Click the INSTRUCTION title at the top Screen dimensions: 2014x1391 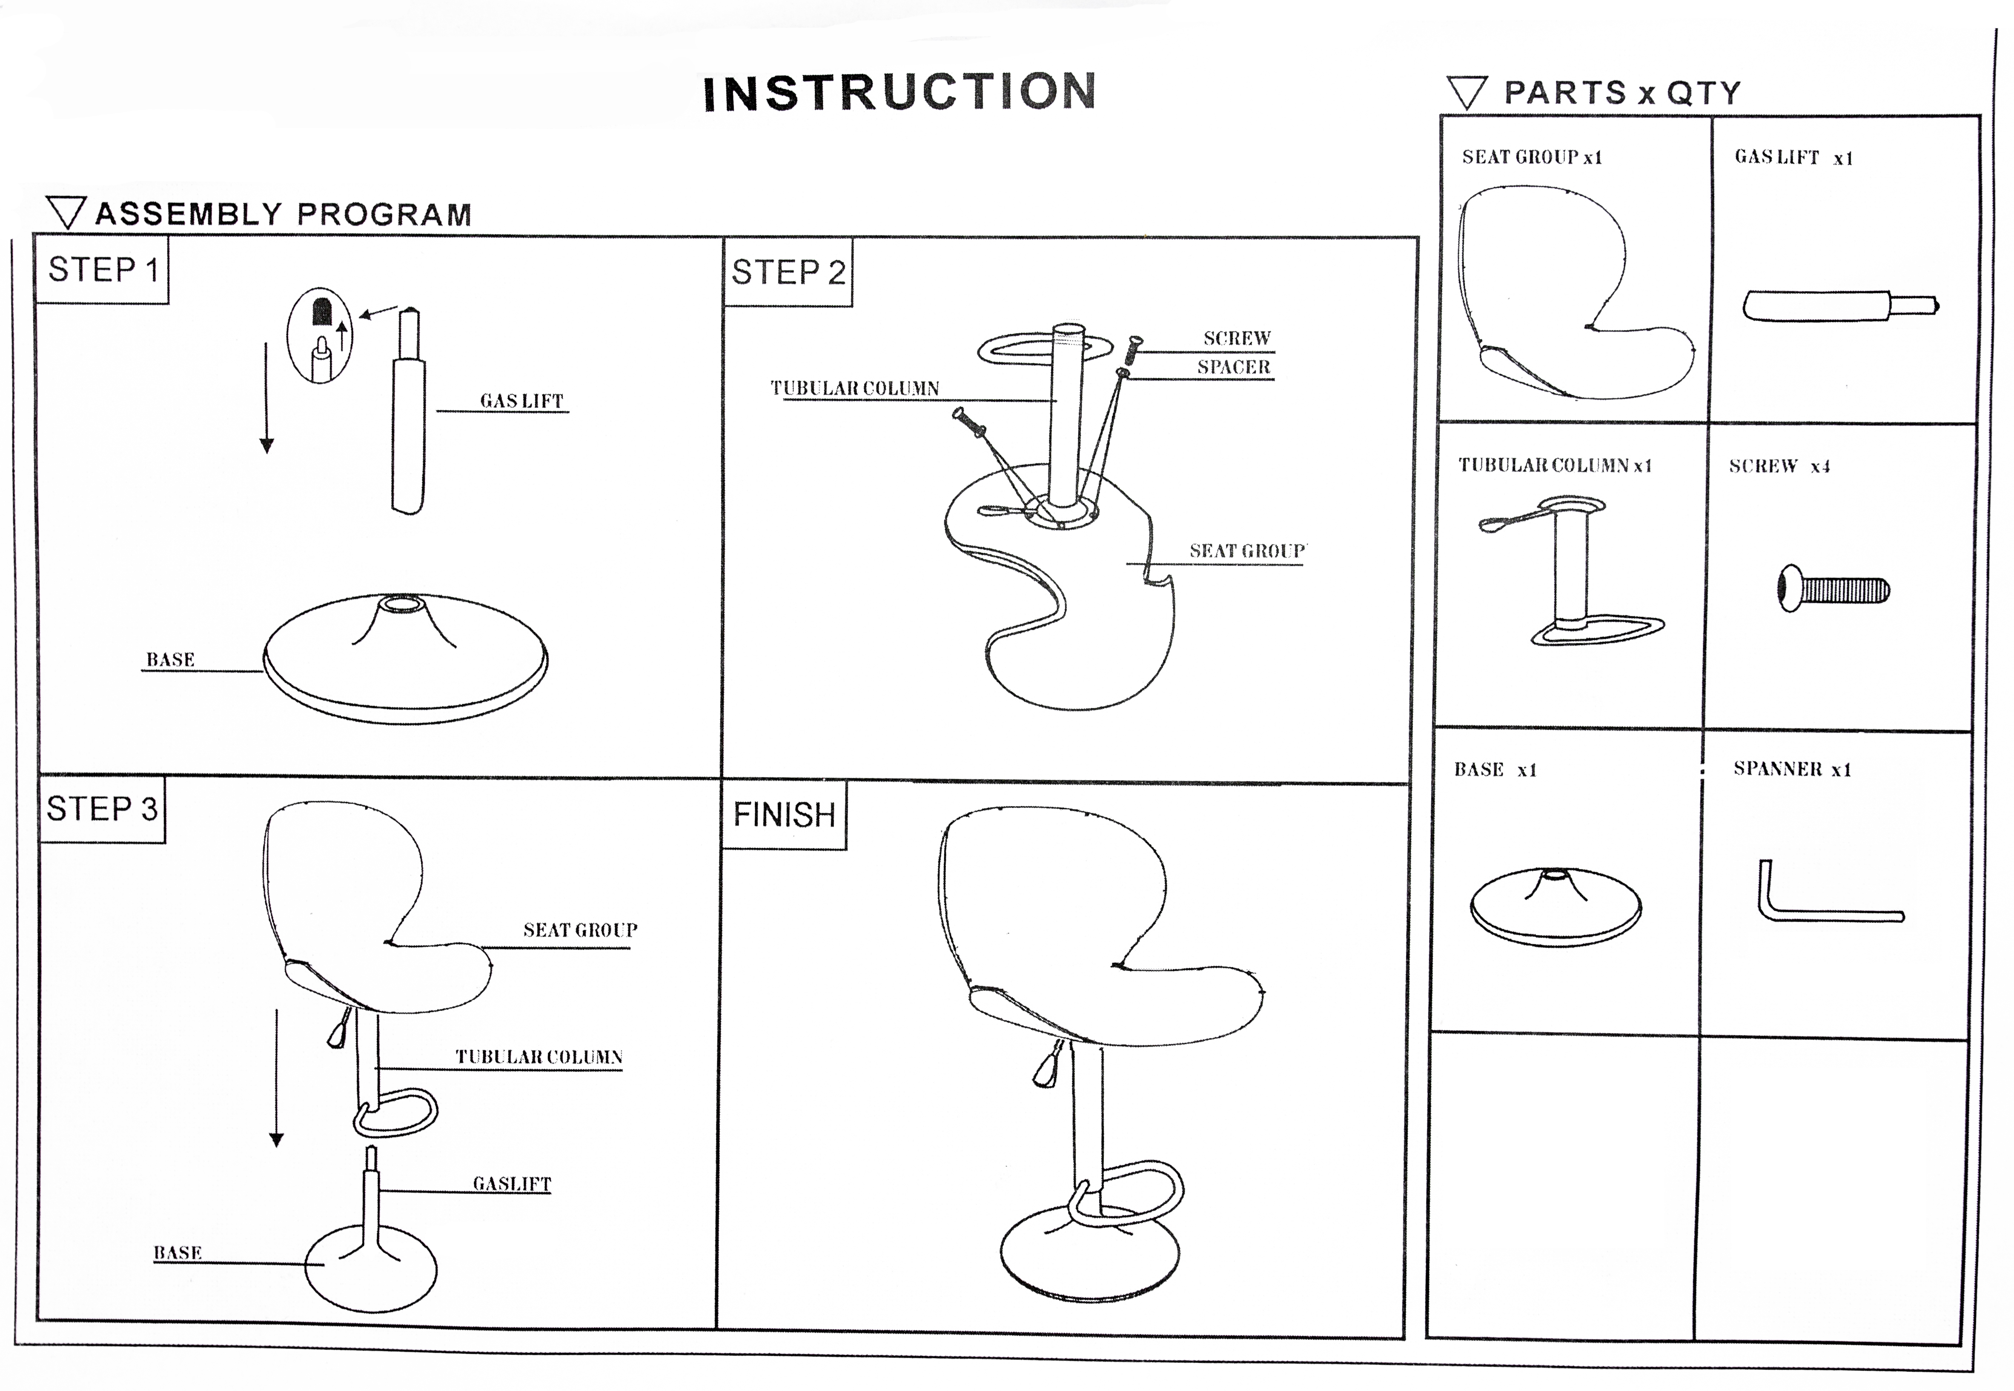(900, 92)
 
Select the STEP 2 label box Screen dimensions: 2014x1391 (788, 273)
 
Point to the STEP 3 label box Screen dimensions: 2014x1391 (102, 810)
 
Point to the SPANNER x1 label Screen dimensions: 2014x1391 (1792, 769)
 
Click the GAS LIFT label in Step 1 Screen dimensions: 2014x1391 (521, 401)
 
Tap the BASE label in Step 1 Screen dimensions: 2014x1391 (170, 660)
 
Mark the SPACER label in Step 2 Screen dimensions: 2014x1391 (1233, 367)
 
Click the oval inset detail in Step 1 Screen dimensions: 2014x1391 (320, 335)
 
